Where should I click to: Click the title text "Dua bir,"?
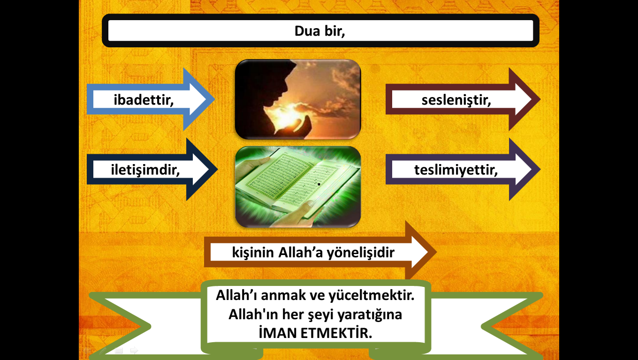[319, 31]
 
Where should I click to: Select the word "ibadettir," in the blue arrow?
[144, 100]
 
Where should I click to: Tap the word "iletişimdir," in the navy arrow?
[145, 170]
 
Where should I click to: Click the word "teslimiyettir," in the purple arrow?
[456, 170]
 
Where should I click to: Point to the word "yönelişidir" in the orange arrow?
[361, 253]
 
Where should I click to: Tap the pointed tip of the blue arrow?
[215, 99]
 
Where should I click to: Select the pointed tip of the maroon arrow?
[540, 99]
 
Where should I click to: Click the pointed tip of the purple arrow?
[540, 169]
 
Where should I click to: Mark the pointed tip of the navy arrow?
[218, 169]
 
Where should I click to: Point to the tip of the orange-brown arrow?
[436, 252]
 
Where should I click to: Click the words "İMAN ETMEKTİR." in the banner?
[315, 333]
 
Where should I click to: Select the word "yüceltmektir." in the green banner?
[372, 295]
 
